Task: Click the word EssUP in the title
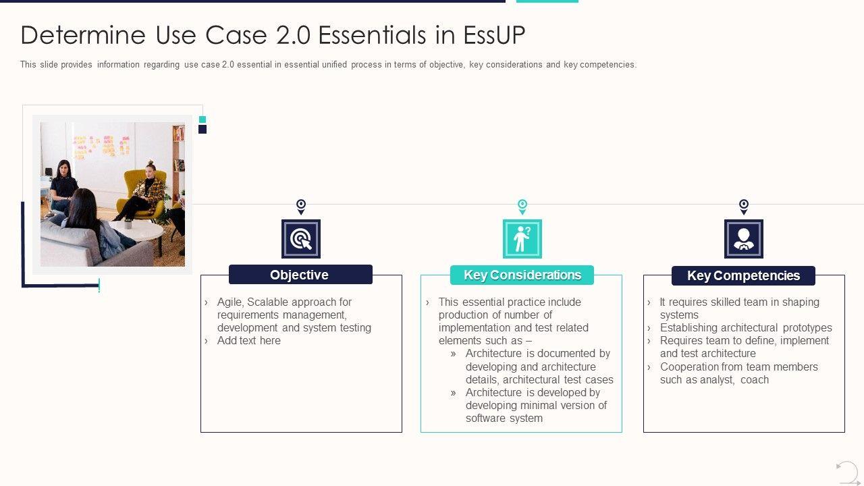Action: point(494,35)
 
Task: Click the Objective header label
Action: point(300,275)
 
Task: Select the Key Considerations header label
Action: point(522,275)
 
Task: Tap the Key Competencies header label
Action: point(743,275)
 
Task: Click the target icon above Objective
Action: point(301,239)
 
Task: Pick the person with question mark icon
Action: point(522,239)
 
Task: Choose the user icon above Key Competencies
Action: point(743,239)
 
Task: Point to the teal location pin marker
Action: point(522,206)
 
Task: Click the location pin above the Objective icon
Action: point(301,206)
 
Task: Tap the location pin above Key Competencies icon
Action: point(743,206)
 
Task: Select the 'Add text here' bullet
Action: point(248,341)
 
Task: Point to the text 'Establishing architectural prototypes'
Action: point(746,328)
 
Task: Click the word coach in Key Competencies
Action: point(755,380)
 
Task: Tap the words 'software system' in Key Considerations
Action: point(504,418)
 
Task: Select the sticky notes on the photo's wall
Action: point(101,145)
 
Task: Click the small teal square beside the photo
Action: point(202,119)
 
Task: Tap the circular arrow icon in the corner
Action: point(847,472)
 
